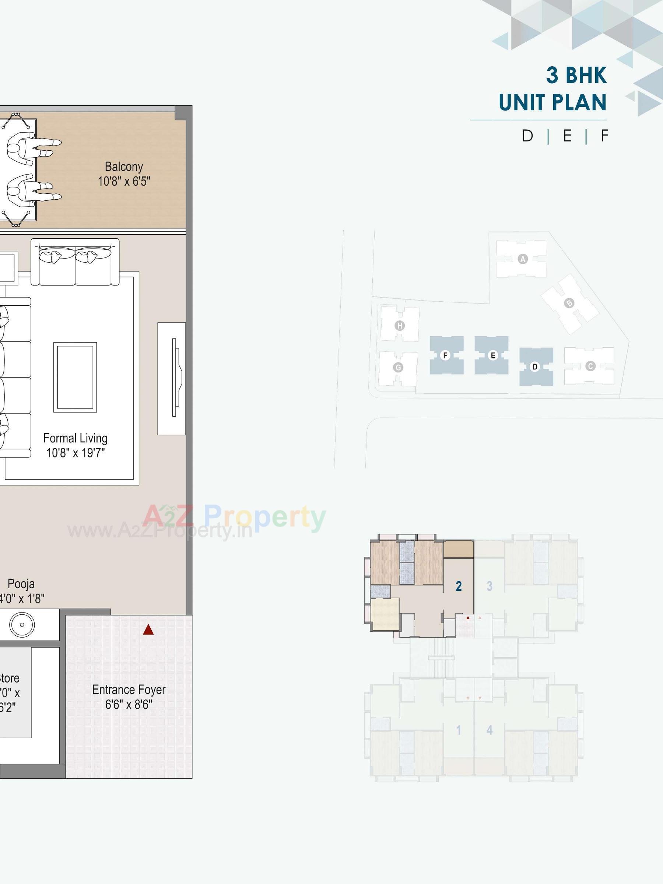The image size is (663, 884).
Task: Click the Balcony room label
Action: (124, 166)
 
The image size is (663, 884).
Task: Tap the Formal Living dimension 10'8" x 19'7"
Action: (76, 453)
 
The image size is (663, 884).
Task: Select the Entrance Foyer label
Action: (129, 690)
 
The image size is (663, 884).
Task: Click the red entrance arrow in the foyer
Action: (148, 630)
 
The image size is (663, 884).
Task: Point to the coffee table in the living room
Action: (75, 377)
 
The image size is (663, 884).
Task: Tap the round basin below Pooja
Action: (22, 625)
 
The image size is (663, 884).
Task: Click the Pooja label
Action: (21, 584)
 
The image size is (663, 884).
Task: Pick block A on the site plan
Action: (522, 259)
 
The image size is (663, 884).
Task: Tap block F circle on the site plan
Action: (445, 355)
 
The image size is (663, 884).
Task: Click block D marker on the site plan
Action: (535, 366)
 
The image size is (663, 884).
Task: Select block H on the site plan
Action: (399, 326)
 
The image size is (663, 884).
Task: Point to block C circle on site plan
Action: (590, 366)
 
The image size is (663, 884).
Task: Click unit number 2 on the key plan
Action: (459, 586)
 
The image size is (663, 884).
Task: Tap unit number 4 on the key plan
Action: (489, 730)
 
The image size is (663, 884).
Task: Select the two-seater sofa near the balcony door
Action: (75, 263)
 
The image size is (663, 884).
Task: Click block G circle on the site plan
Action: (398, 367)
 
